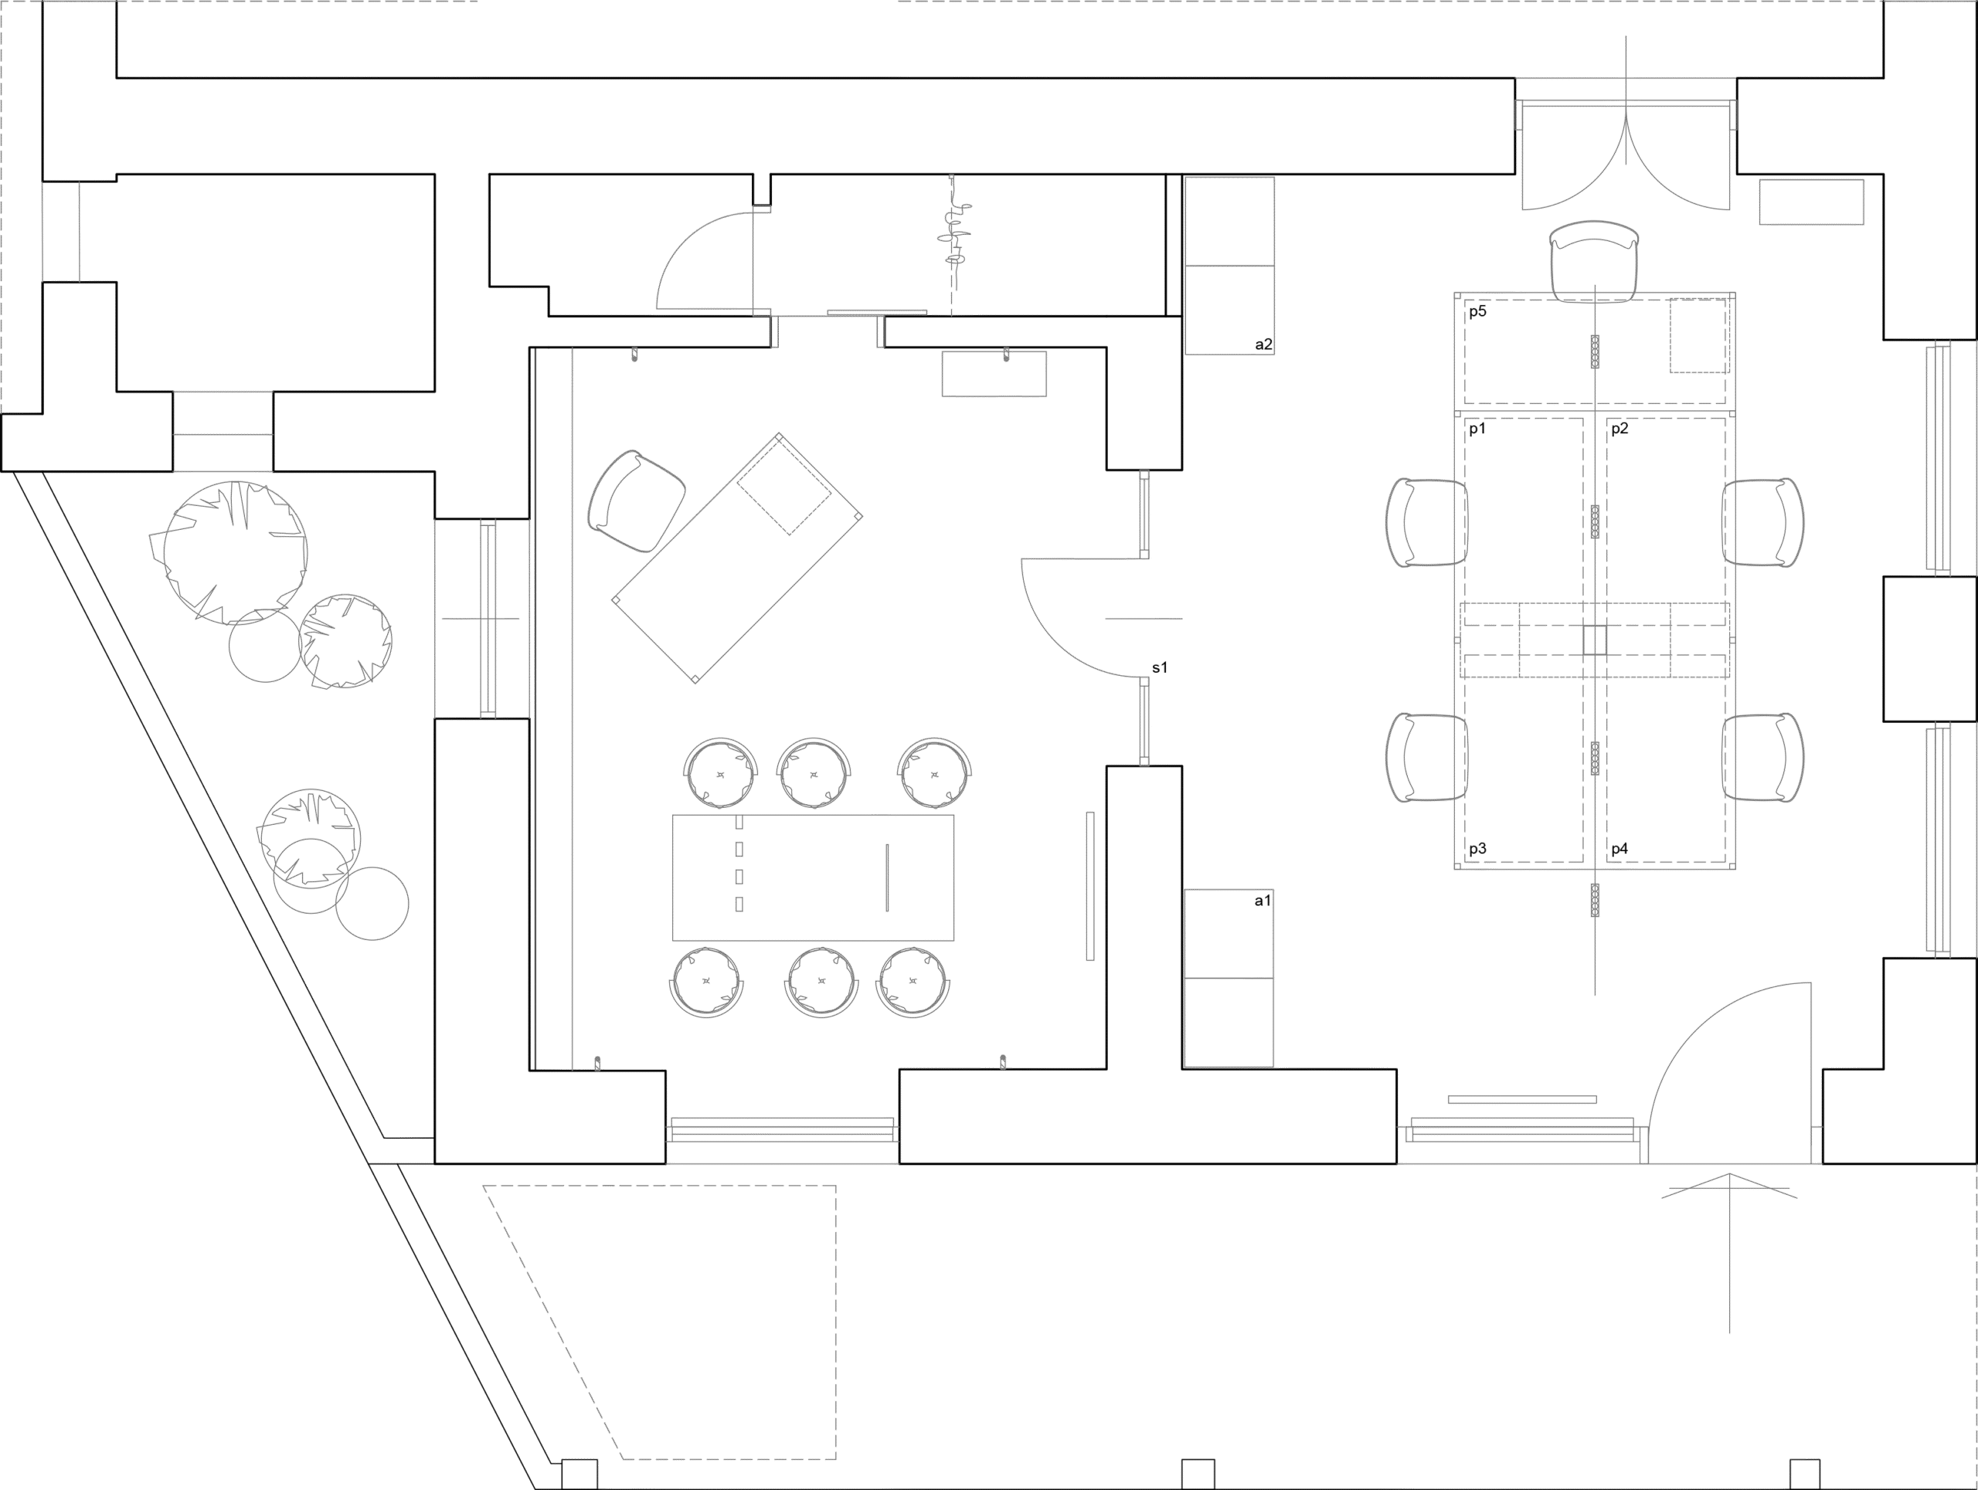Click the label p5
pos(1477,312)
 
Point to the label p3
pos(1477,850)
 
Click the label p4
pos(1619,850)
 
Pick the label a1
pos(1262,901)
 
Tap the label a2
pos(1263,344)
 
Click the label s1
pos(1160,667)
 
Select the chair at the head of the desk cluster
pos(1595,261)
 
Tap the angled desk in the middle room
pos(737,559)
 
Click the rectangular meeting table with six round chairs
pos(812,877)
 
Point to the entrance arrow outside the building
pos(1728,1251)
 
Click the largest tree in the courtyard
pos(235,552)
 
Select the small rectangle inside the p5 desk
pos(1698,335)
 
